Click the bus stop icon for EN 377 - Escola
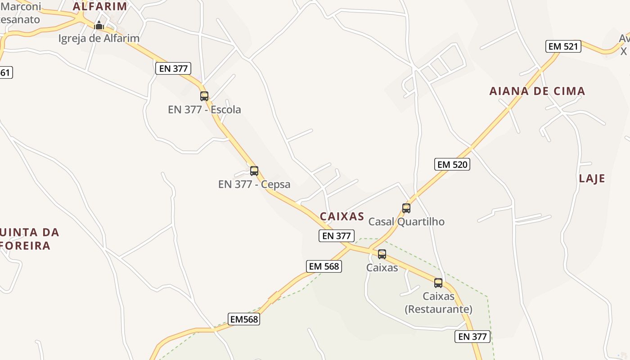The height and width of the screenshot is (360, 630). [204, 96]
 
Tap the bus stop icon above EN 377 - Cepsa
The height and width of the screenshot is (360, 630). [254, 171]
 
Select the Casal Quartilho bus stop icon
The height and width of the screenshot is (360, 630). [406, 208]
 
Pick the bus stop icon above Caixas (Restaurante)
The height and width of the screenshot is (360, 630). [438, 283]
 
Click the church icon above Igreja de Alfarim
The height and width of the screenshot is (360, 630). [99, 25]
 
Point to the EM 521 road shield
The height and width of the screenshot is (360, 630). [563, 46]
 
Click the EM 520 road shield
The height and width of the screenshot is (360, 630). [452, 164]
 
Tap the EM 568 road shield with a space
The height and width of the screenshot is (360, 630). [324, 266]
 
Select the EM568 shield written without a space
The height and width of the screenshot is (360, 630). [244, 319]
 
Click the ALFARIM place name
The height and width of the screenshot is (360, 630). [100, 6]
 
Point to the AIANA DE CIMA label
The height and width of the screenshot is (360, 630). [537, 91]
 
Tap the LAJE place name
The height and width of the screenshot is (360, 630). [592, 178]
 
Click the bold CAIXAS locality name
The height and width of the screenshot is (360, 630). [342, 216]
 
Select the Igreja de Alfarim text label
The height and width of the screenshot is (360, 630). [99, 38]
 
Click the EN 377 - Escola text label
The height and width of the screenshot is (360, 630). [204, 109]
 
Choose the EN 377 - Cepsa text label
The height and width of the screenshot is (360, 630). [254, 184]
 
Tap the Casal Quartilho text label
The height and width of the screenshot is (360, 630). [406, 221]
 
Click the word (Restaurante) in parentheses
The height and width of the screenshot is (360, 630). [438, 309]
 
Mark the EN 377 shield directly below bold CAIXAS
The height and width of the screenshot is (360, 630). [337, 235]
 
